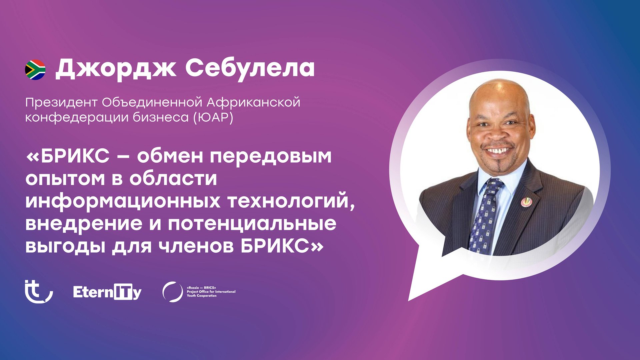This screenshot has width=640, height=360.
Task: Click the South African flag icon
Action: point(35,70)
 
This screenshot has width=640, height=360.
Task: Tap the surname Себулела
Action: point(250,68)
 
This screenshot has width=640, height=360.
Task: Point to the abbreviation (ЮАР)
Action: point(213,117)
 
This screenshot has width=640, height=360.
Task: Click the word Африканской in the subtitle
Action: point(253,103)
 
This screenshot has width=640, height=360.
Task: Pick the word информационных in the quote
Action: point(123,201)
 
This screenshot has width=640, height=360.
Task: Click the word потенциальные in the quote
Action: point(252,224)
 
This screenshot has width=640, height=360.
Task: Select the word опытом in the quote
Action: point(65,179)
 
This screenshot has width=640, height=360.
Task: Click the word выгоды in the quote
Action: point(65,246)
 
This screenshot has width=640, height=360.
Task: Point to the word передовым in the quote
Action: point(271,156)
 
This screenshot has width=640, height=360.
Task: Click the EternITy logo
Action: point(107,292)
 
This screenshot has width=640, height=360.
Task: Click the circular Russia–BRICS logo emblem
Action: point(172,292)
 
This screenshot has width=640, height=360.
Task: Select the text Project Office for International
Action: point(211,292)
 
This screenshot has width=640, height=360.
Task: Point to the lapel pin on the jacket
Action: point(527,202)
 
